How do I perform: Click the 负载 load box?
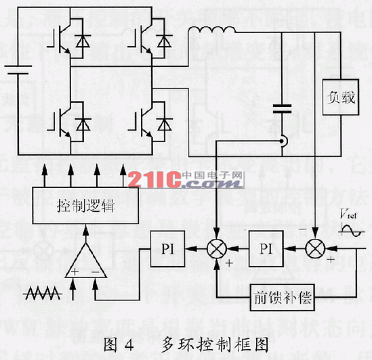pos(338,98)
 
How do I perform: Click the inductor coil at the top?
pos(211,31)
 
